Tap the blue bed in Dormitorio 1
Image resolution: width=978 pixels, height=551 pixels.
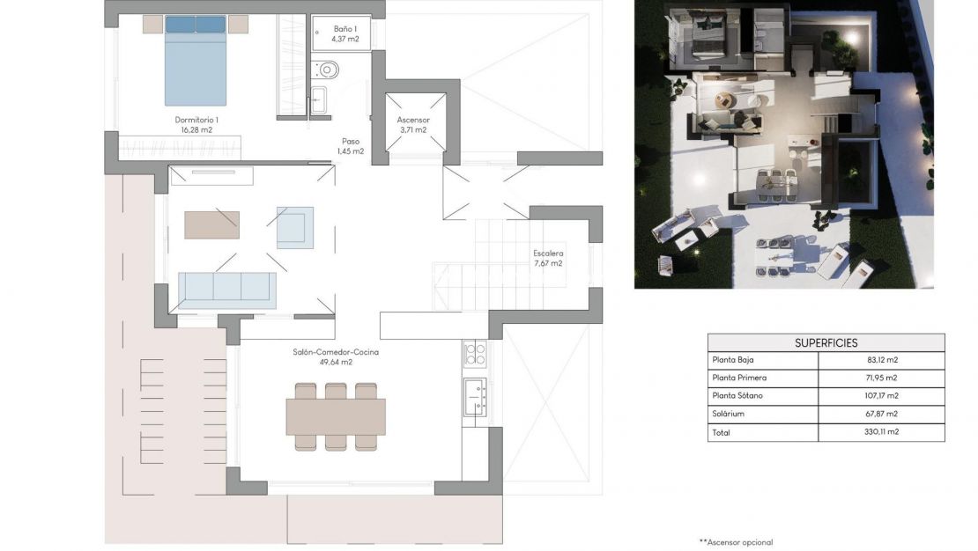click(196, 66)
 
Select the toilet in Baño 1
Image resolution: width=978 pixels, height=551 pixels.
click(328, 69)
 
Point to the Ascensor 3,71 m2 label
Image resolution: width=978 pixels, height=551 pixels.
click(412, 124)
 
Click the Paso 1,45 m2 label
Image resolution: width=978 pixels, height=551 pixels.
click(351, 145)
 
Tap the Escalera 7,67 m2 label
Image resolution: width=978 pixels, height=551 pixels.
click(547, 258)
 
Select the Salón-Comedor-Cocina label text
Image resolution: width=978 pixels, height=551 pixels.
click(322, 356)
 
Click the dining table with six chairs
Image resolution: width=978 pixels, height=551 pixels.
click(335, 416)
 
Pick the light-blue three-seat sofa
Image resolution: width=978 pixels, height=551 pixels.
click(226, 288)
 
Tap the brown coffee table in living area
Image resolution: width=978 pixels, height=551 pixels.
click(211, 224)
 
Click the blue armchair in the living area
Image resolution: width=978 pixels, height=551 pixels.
click(294, 227)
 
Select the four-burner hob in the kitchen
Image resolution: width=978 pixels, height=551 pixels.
click(475, 354)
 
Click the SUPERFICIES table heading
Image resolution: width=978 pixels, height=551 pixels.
click(826, 342)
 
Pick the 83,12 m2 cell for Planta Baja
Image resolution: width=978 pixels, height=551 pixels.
click(882, 360)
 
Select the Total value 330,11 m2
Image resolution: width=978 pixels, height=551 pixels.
click(882, 432)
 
